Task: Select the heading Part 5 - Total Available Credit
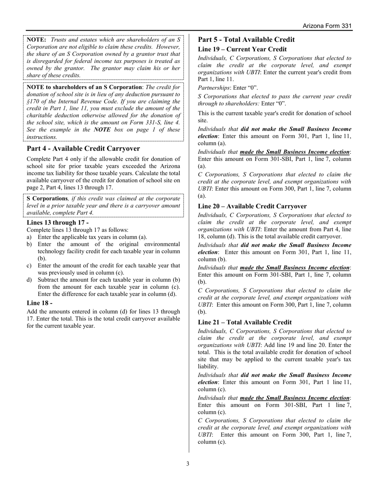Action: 246,39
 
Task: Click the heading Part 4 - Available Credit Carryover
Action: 83,149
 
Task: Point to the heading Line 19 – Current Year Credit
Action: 242,49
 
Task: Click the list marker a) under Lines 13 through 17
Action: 29,237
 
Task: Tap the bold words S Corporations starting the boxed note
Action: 47,198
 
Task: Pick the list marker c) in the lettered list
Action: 29,266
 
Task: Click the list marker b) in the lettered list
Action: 29,244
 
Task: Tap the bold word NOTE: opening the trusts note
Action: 37,40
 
